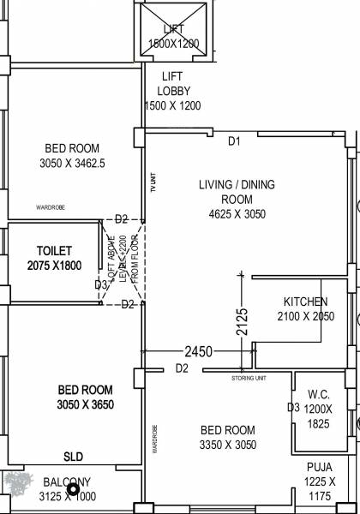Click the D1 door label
pos(235,140)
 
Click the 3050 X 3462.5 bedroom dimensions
pos(72,163)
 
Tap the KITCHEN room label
pos(306,302)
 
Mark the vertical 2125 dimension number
pos(243,321)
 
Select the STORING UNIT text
pos(249,378)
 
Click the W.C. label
pos(319,395)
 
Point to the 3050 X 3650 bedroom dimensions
pos(86,404)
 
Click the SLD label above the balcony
pos(74,457)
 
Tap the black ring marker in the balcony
pos(74,490)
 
